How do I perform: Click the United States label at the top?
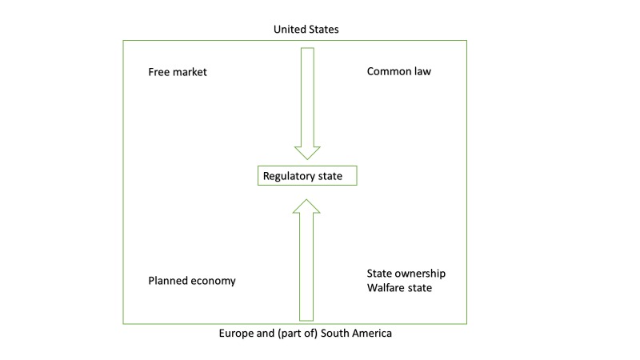coord(306,30)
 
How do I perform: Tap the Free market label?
coord(178,72)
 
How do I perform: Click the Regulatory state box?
coord(306,175)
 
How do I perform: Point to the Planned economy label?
coord(192,281)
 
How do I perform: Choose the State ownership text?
coord(406,274)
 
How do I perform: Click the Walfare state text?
coord(399,288)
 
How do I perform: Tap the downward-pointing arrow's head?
coord(306,152)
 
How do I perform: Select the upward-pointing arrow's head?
coord(306,207)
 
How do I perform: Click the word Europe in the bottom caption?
coord(237,334)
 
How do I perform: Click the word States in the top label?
coord(324,30)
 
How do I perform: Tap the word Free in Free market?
coord(158,72)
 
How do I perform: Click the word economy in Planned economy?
coord(214,281)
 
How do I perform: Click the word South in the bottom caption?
coord(336,334)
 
